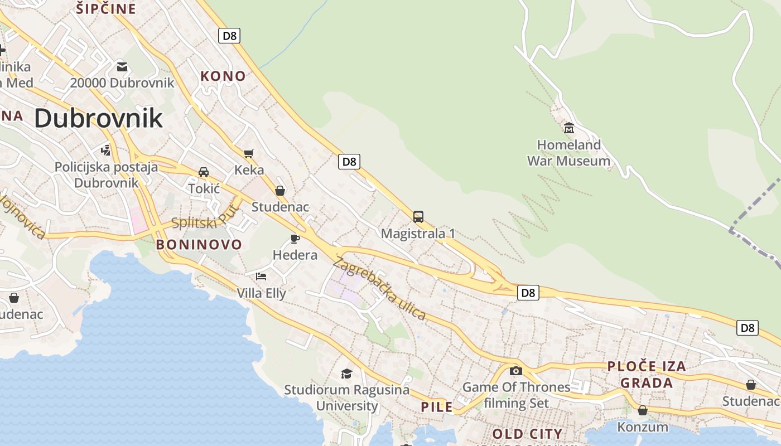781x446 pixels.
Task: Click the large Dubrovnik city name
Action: point(98,118)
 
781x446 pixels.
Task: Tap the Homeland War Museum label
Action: point(569,153)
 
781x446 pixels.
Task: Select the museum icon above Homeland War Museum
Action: point(569,128)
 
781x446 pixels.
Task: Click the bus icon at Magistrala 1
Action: point(418,216)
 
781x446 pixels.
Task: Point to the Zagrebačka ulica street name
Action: point(380,289)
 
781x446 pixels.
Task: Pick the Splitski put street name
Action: point(204,217)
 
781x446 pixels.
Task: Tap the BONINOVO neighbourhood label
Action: point(199,244)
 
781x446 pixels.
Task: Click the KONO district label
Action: point(223,76)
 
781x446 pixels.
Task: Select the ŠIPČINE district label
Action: point(106,9)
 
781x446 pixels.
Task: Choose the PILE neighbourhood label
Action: point(437,407)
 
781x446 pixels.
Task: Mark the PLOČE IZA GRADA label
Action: point(647,375)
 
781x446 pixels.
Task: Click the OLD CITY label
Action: point(527,434)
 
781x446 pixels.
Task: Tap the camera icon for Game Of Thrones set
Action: point(516,371)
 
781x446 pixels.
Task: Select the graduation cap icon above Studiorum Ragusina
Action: point(347,374)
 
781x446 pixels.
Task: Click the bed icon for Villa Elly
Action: point(261,277)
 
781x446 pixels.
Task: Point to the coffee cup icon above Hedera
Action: point(295,239)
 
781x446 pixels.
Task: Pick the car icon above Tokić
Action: point(204,172)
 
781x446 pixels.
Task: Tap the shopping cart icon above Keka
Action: point(249,153)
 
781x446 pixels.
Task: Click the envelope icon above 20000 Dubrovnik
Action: point(122,67)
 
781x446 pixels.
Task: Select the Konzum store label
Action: point(643,427)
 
